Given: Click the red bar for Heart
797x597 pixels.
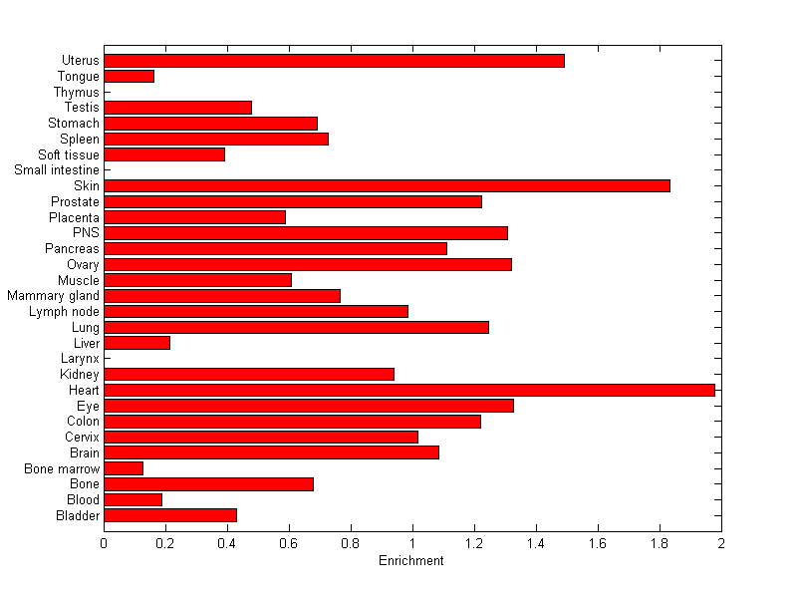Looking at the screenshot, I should [408, 390].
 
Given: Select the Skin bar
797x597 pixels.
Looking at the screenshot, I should [387, 185].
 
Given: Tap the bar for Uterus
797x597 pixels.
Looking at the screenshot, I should [334, 61].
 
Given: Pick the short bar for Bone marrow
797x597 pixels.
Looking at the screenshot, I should [124, 468].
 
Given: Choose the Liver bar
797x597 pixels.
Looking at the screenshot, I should [136, 343].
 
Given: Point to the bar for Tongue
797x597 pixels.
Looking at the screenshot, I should [129, 76].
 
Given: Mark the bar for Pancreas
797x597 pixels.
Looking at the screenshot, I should [275, 248].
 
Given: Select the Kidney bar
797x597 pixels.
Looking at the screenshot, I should [248, 374].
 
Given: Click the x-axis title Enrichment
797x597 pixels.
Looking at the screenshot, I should [410, 561].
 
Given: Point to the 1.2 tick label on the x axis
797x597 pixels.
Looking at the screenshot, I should [474, 543].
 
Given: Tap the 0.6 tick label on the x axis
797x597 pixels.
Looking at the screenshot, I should [289, 543].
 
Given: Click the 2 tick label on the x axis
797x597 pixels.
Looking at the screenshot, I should [720, 543].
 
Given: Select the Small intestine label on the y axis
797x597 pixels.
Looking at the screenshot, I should [57, 170].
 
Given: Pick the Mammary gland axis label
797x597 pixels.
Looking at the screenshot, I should [53, 296].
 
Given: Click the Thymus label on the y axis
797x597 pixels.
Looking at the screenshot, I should [77, 93].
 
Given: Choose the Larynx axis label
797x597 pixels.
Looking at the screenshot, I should [80, 359].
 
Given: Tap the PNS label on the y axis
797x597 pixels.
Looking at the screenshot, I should [86, 233].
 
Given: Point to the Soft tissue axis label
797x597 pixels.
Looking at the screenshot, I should [69, 154].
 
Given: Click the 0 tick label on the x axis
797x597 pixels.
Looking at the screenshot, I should [104, 543].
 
